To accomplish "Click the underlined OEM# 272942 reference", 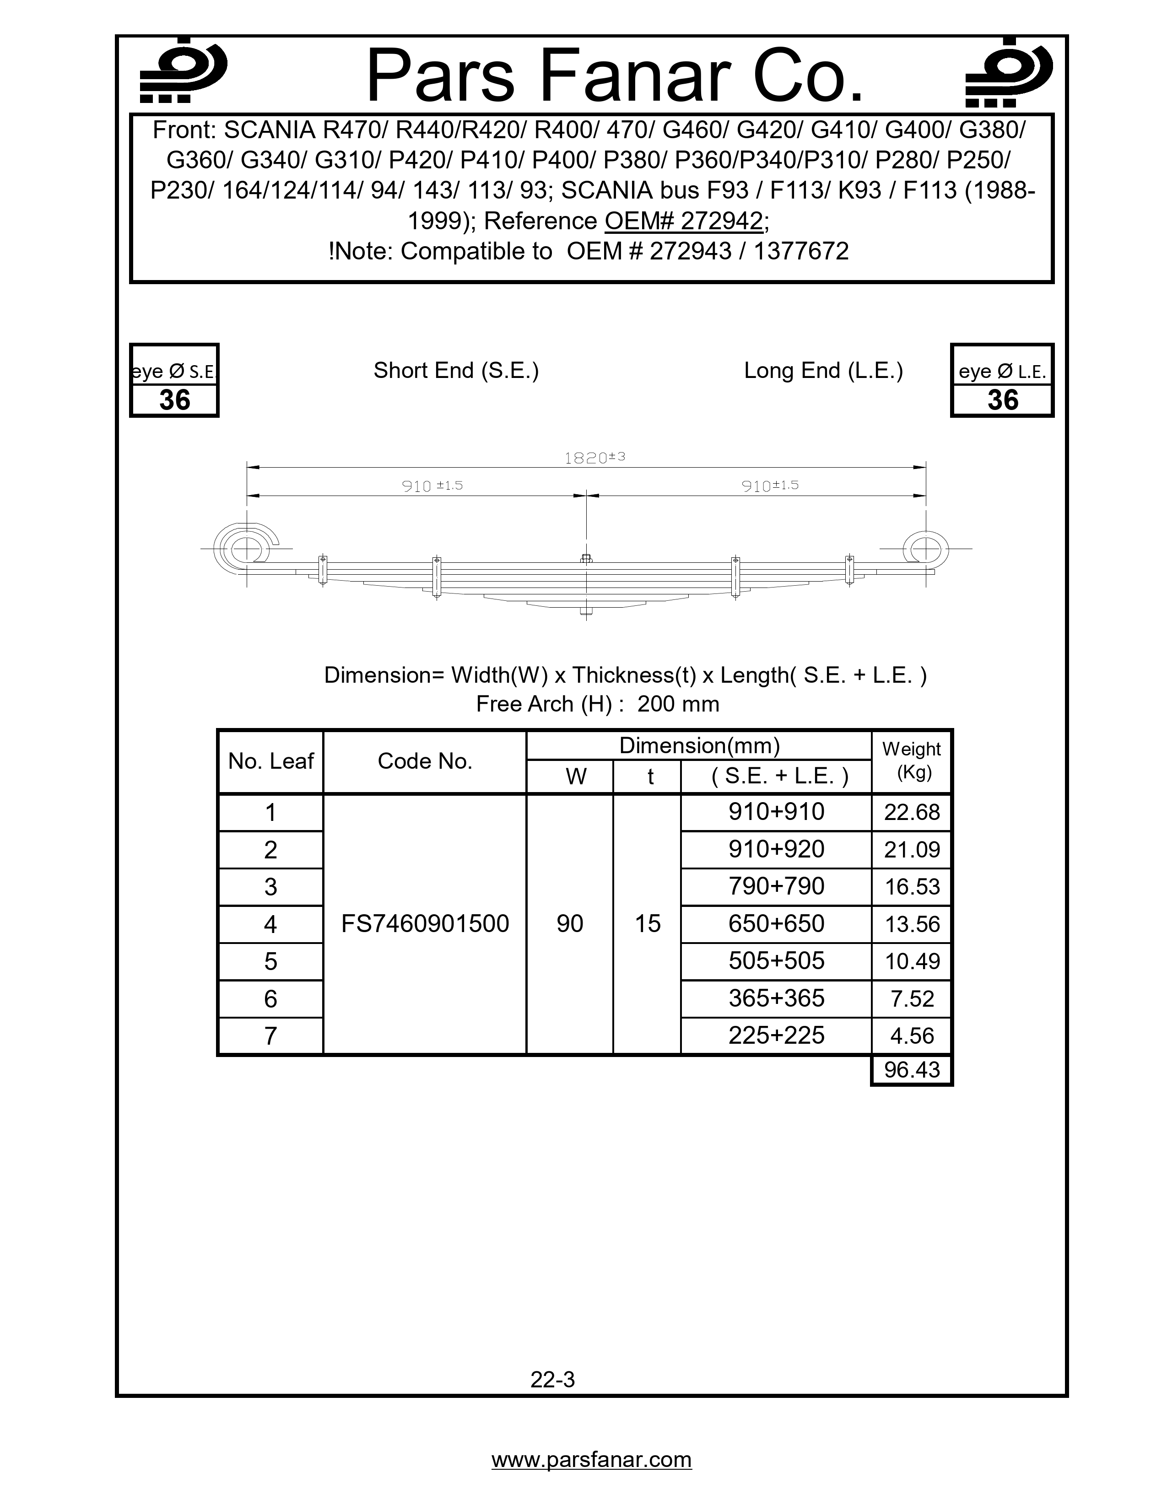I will (x=684, y=221).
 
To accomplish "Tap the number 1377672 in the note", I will (x=800, y=251).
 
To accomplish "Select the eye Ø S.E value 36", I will (x=174, y=400).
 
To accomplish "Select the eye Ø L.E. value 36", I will (x=1002, y=400).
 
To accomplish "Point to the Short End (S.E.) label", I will (x=456, y=371).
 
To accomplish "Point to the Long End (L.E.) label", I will (x=823, y=371).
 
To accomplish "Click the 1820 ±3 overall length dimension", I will (x=594, y=458).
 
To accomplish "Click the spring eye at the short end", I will (x=244, y=550).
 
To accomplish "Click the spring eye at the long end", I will (x=925, y=550).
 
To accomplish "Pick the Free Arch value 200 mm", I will (x=677, y=704).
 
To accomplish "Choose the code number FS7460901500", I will (x=425, y=924).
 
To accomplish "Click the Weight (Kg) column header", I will (x=911, y=760).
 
